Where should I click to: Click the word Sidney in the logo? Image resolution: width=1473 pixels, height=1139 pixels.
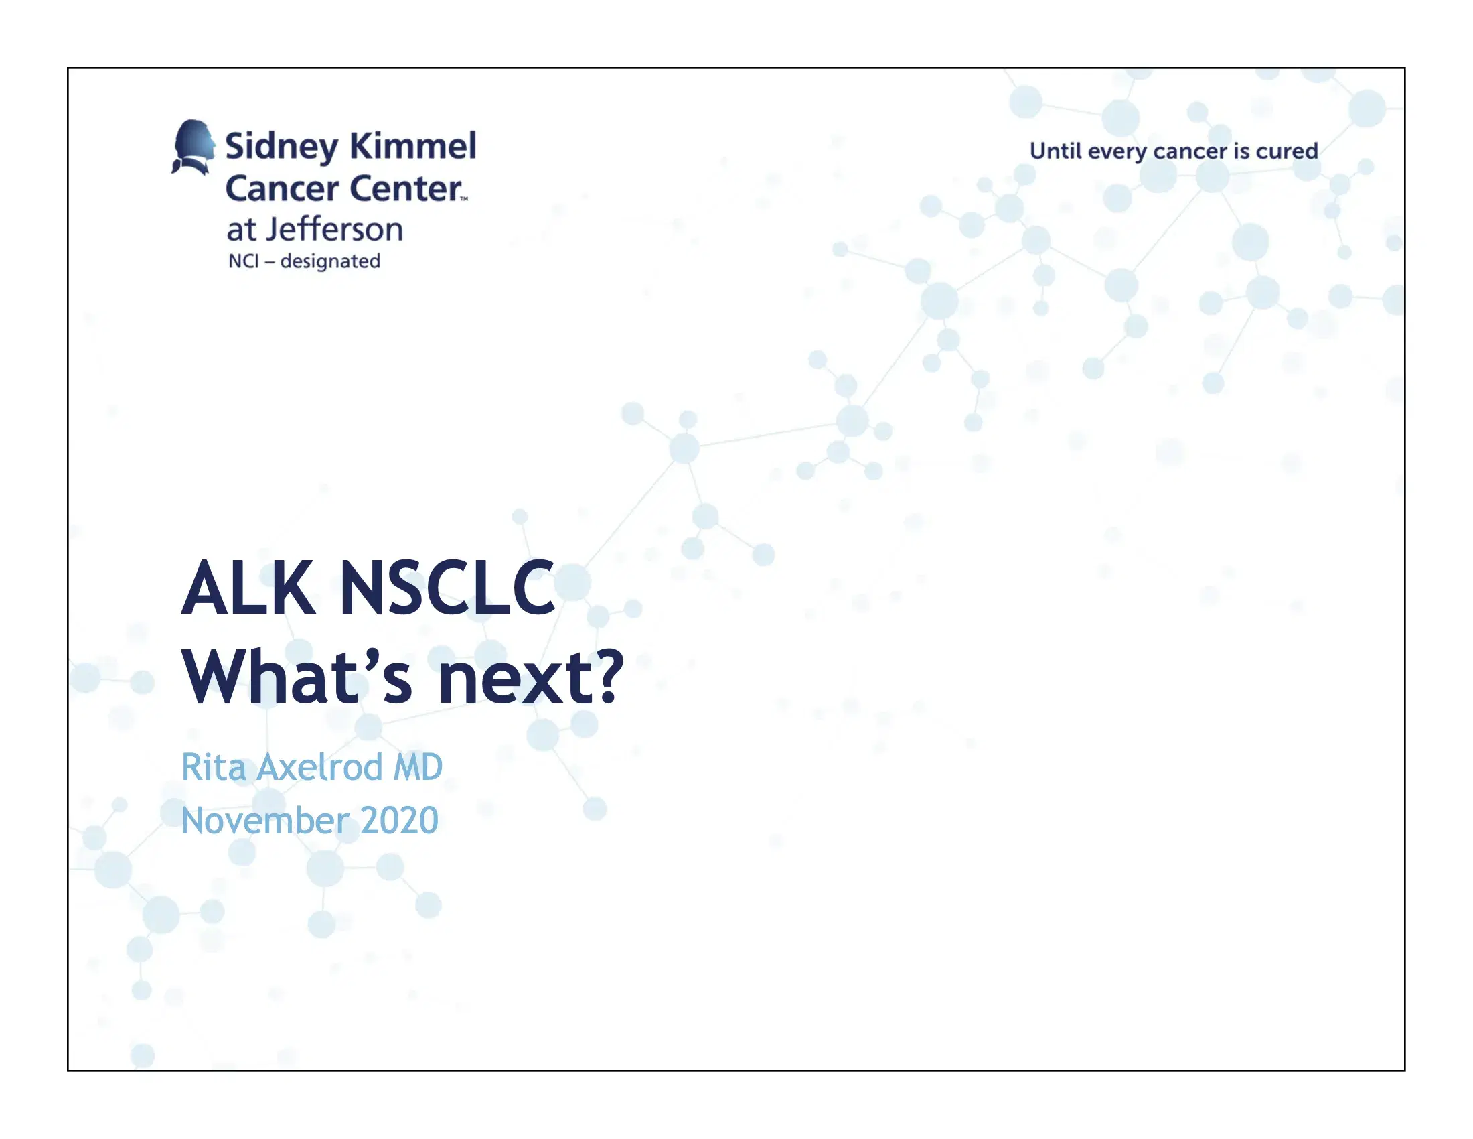coord(282,147)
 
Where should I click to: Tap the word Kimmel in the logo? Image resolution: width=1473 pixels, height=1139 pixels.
coord(412,146)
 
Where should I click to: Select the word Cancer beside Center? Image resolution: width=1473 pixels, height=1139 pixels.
coord(282,188)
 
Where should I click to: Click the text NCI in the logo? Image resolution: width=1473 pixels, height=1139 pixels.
coord(244,261)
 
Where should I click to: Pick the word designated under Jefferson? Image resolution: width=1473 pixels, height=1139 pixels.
coord(330,262)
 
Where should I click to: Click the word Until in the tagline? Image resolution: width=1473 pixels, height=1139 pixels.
coord(1055,151)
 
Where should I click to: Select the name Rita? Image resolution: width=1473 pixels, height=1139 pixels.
coord(214,767)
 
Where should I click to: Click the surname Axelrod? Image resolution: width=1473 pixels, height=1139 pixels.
coord(320,767)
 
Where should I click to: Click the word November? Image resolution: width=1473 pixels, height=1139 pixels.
coord(264,821)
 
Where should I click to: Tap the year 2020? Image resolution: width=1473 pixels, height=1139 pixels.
coord(399,821)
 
